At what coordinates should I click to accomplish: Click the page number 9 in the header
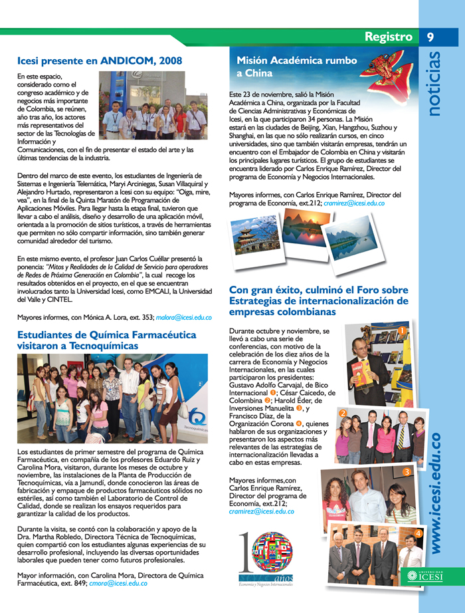430,37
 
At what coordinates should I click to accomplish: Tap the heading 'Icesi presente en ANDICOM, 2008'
100,61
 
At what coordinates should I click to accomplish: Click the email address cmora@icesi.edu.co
118,583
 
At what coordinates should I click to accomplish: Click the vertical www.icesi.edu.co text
436,492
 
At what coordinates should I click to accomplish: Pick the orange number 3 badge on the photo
406,472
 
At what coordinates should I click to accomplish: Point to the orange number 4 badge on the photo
418,533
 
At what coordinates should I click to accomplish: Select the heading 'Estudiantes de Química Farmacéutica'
110,340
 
